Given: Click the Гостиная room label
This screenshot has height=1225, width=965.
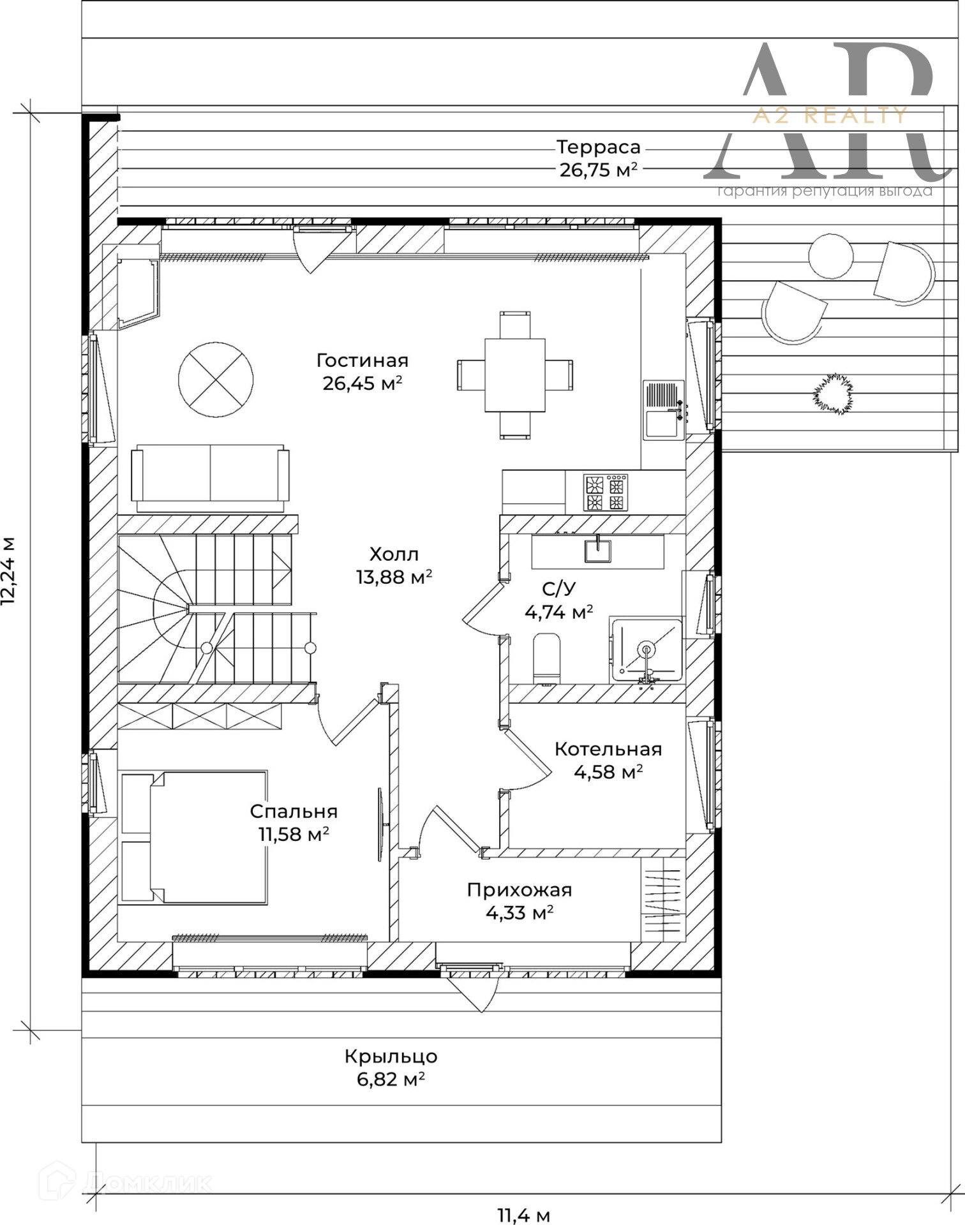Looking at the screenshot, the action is point(363,360).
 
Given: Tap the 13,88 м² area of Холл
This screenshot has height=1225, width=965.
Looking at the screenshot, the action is point(394,577).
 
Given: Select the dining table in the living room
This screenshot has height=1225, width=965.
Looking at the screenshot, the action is point(515,375).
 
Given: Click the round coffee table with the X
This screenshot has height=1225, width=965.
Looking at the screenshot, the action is point(216,380).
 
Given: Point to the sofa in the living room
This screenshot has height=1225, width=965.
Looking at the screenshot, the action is point(210,479).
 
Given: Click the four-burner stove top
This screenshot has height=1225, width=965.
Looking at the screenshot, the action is point(605,493).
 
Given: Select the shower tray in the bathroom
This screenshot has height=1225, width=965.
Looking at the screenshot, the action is point(646,650).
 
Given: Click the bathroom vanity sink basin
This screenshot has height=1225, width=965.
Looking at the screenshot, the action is point(598,550).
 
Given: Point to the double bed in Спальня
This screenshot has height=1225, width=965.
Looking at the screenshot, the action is point(194,837).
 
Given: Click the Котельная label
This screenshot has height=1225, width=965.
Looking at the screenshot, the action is point(608,749).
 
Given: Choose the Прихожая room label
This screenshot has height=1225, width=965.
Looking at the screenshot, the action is point(519,890).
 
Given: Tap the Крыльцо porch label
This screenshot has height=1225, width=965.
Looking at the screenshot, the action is point(391,1057).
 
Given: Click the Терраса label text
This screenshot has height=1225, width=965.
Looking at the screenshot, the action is point(598,147).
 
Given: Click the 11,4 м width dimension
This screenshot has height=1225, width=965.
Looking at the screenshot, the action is point(523,1215).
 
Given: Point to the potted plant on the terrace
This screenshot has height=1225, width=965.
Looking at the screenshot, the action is point(833,395).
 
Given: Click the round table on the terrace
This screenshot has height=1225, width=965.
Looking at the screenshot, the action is point(830,256).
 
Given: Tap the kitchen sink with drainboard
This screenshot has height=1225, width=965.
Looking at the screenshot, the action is point(663,410).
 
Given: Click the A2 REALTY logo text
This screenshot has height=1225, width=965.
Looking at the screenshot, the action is point(829,115).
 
